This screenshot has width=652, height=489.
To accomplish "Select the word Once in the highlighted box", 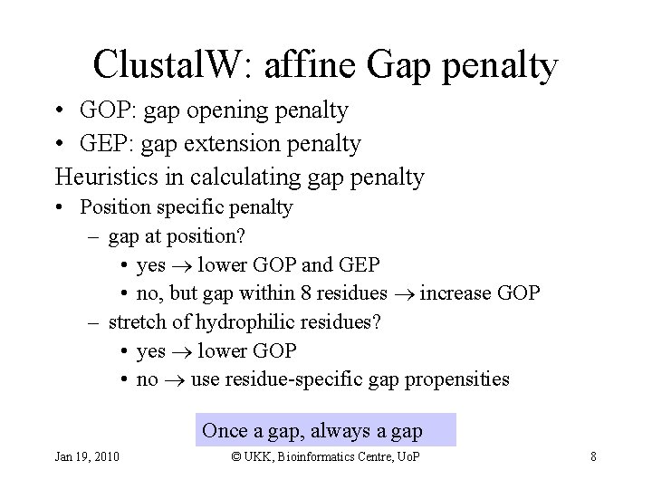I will coord(222,429).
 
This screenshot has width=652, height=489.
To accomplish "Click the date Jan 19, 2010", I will coord(86,456).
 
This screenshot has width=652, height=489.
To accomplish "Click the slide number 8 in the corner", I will coord(593,456).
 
